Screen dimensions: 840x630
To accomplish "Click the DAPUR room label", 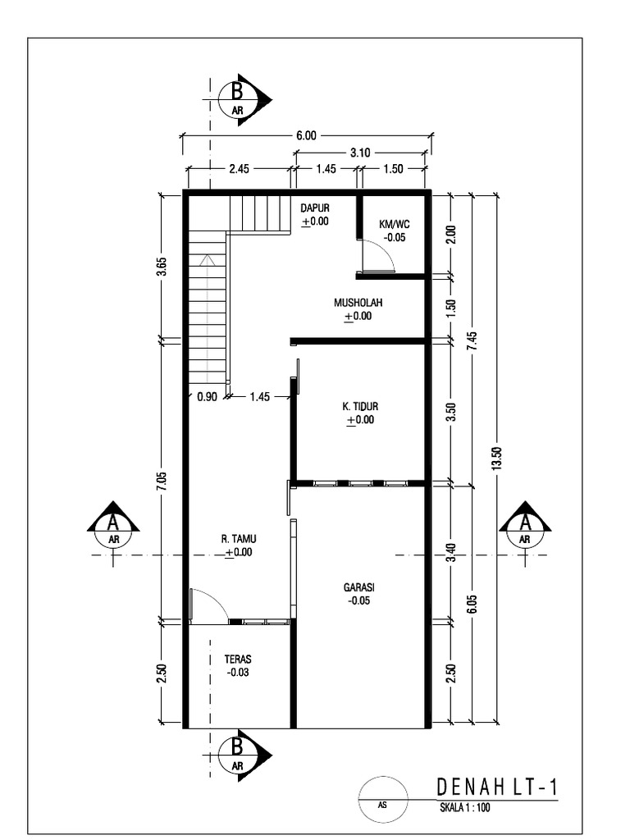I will click(x=314, y=208).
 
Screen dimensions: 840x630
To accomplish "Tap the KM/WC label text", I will click(x=394, y=224).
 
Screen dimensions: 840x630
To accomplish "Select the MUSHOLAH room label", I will click(x=358, y=303).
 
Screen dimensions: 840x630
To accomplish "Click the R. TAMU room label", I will click(x=239, y=539).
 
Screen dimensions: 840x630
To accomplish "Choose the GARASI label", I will click(x=358, y=587).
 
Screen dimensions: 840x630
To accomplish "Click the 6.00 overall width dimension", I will click(x=305, y=135).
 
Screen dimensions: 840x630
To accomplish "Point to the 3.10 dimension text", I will click(x=359, y=152).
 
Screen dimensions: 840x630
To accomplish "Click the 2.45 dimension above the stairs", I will click(x=239, y=169).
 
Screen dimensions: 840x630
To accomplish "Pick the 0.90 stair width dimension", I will click(x=207, y=397).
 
